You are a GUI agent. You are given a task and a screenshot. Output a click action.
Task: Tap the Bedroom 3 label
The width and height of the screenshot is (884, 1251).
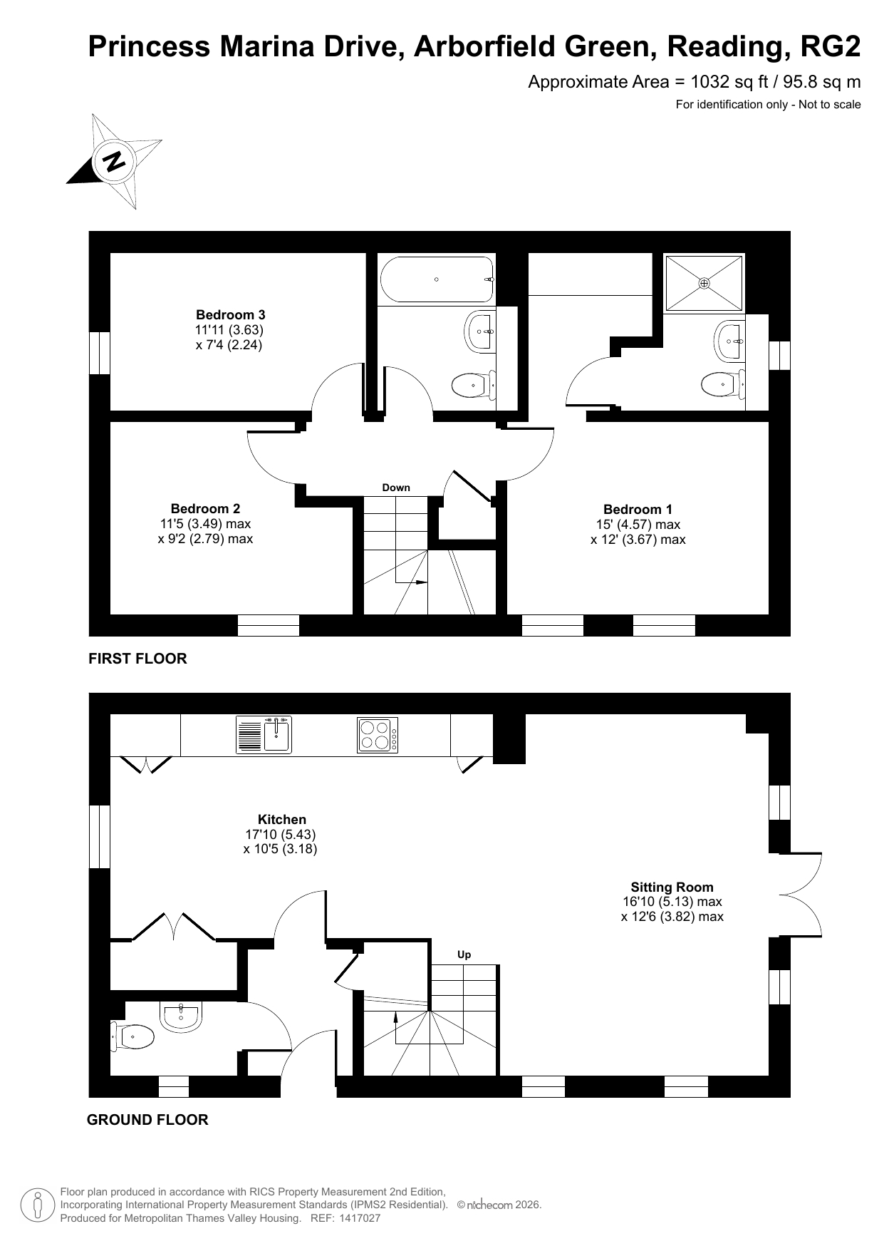coord(231,314)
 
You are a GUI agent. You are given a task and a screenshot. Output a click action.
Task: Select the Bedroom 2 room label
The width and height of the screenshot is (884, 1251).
coord(205,508)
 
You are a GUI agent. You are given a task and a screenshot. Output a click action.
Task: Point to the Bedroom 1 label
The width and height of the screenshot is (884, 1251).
coord(638,509)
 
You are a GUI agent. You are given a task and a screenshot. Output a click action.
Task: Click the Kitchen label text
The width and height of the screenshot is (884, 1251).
coord(282,820)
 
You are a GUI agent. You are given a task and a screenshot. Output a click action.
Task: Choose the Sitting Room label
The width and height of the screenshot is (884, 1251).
coord(672,887)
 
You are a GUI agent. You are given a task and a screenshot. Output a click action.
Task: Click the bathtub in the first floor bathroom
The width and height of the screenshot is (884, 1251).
coord(437,279)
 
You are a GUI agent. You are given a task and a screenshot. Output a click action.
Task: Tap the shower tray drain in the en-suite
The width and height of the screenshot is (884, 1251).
coord(704,283)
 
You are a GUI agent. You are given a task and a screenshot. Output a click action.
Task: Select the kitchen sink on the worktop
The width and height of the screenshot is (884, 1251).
coord(264,735)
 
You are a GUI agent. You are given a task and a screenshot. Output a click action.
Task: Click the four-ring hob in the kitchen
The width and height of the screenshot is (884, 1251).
coord(378,735)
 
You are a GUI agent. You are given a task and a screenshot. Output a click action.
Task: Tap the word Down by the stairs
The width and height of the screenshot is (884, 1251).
coord(396,488)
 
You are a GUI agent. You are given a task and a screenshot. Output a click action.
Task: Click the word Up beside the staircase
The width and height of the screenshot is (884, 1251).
coord(464,955)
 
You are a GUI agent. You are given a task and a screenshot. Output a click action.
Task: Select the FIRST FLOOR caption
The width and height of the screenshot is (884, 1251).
coord(137,659)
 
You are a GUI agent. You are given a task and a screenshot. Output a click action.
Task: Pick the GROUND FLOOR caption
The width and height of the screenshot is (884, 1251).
coord(147,1120)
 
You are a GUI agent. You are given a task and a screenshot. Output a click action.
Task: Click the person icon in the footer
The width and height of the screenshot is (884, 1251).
coord(38,1205)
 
